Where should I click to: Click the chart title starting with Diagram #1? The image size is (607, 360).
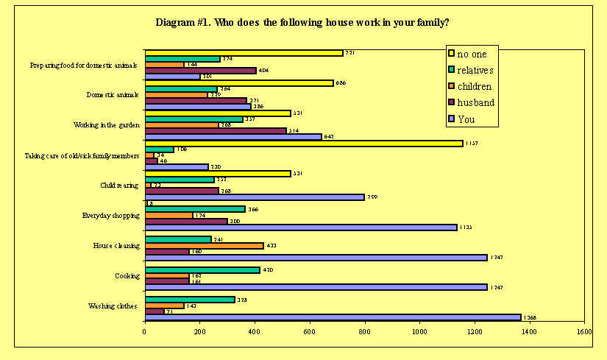(303, 22)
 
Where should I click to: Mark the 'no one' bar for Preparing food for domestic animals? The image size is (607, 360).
(244, 53)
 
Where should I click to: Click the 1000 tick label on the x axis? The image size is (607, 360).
(419, 332)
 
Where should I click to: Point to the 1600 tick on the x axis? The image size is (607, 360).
(583, 332)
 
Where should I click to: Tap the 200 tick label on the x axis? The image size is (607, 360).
(200, 332)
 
